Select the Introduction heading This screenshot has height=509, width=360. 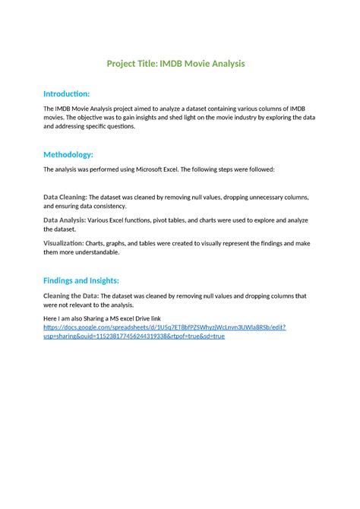point(66,93)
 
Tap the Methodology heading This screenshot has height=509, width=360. point(68,154)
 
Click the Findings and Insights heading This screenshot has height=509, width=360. point(81,280)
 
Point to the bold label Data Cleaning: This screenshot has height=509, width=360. point(65,197)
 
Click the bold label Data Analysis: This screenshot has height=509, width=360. point(65,220)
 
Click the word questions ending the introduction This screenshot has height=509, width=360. point(120,127)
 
